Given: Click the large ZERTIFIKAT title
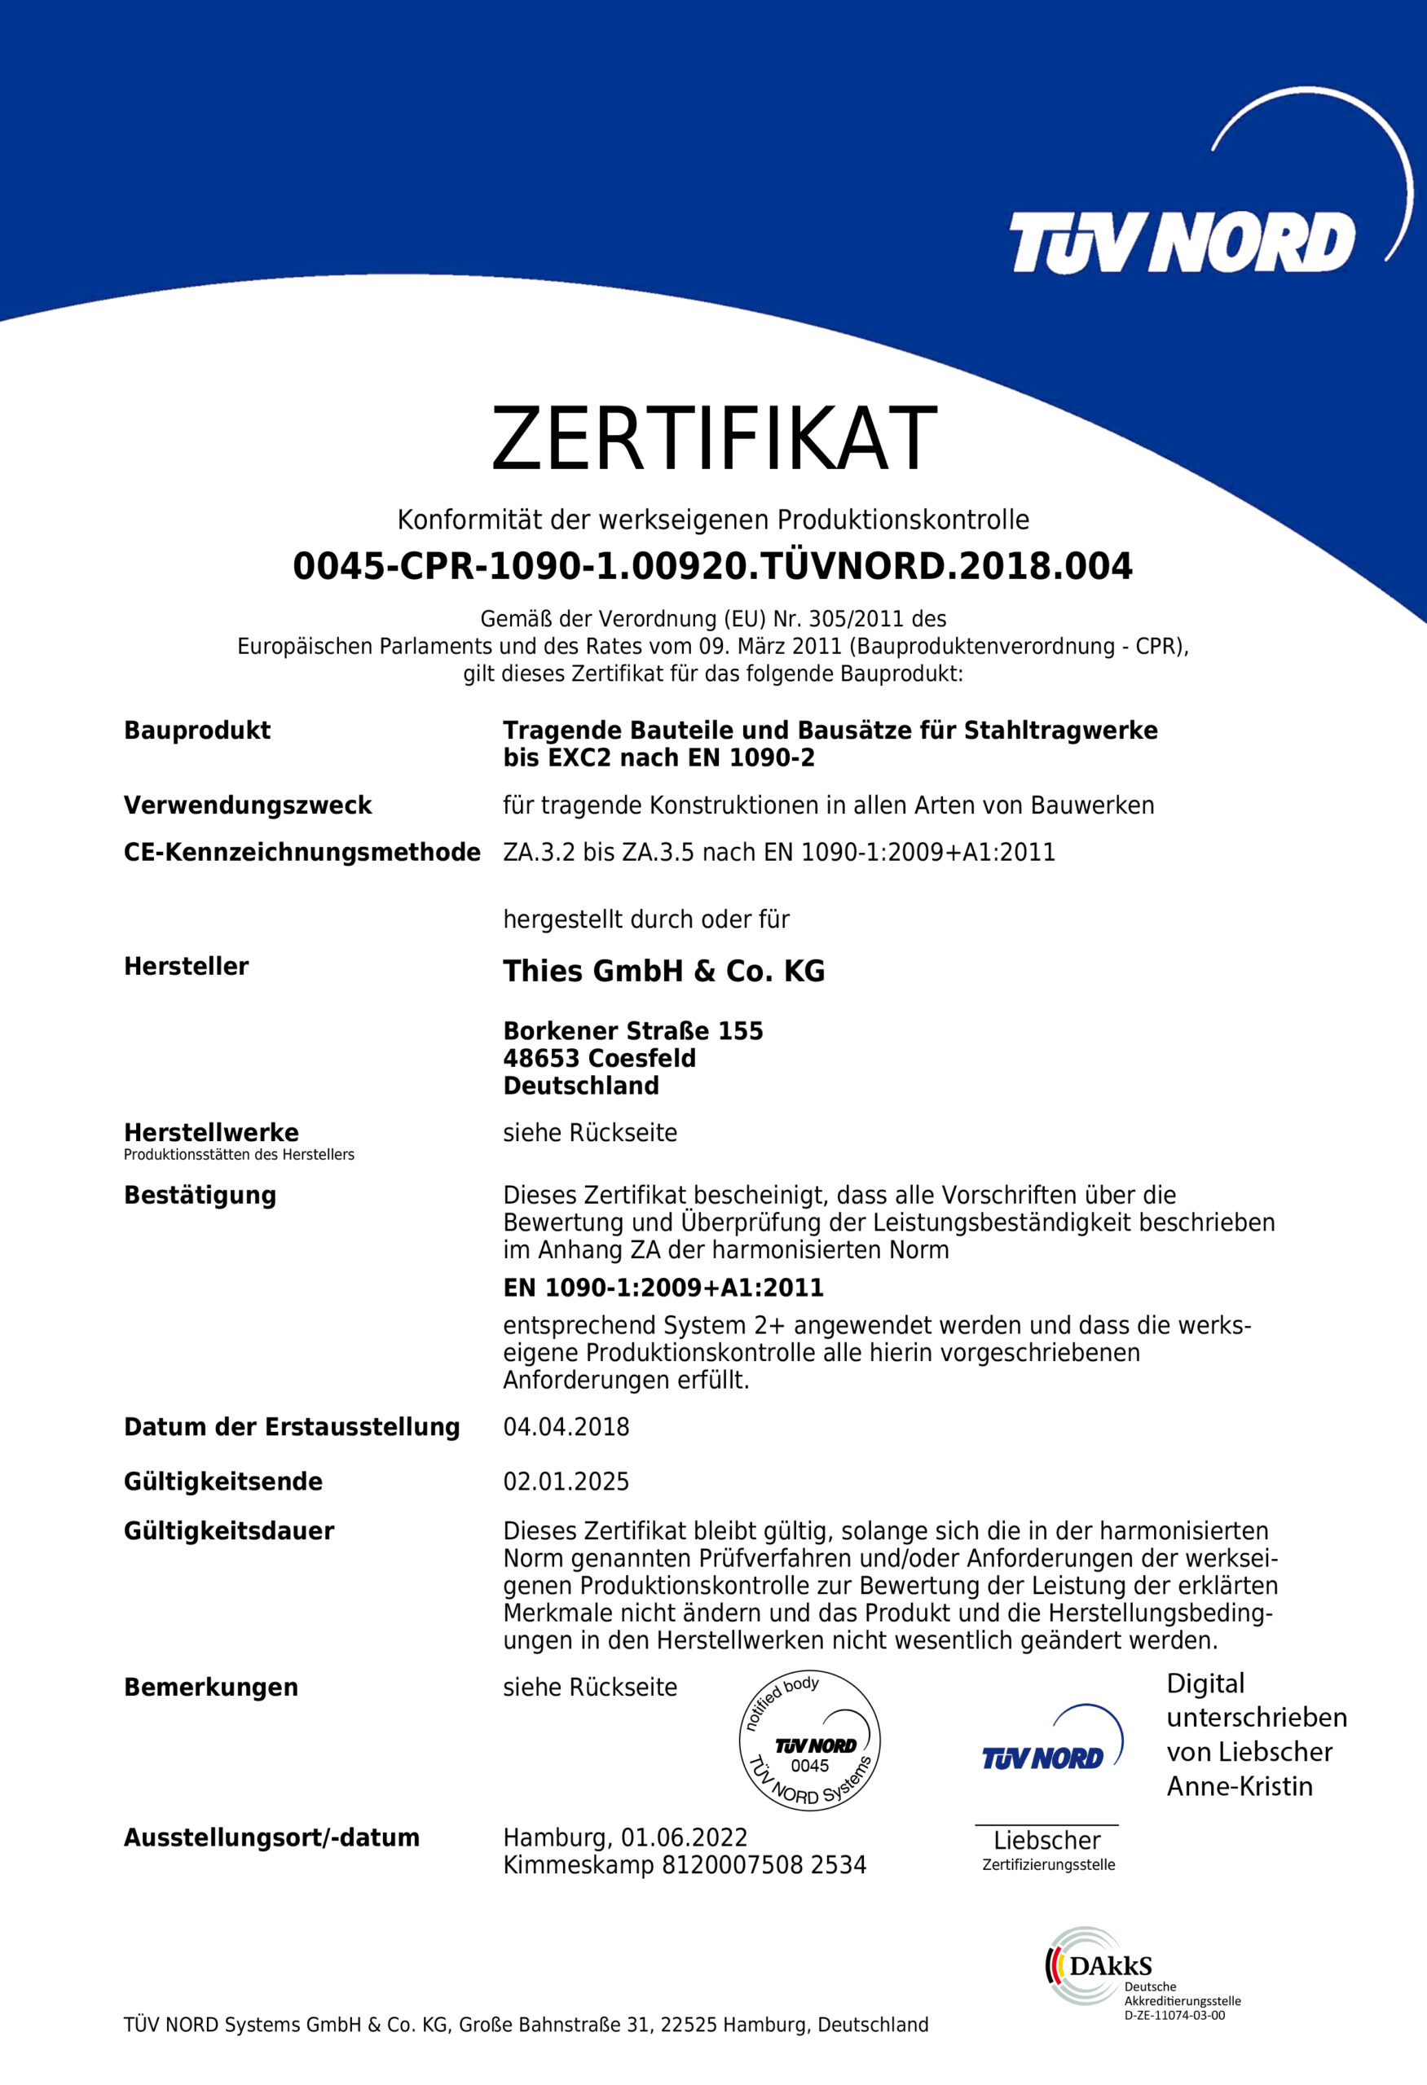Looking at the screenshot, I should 714,439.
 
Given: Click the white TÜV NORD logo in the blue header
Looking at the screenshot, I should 1182,242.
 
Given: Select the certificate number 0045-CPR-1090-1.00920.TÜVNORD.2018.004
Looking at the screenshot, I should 712,567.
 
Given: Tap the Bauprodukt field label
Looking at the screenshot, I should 196,731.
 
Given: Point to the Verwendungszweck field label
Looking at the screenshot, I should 247,805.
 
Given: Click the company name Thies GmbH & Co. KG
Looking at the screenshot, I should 663,971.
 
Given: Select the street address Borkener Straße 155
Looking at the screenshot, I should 632,1031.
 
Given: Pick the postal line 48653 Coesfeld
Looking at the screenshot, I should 600,1059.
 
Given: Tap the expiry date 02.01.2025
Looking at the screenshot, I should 566,1481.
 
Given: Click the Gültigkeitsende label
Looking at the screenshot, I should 222,1481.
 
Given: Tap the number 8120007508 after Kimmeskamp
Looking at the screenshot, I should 733,1866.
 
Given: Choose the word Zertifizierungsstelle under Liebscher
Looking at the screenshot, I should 1048,1865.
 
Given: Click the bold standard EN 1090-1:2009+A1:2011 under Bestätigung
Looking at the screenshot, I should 663,1288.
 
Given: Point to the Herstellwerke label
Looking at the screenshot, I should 211,1132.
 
